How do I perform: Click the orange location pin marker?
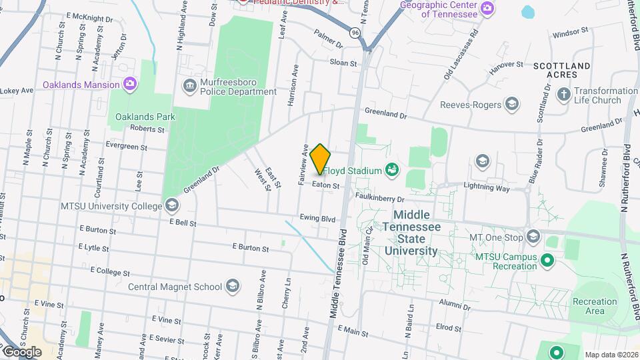pyautogui.click(x=320, y=159)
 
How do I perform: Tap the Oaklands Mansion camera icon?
pyautogui.click(x=130, y=84)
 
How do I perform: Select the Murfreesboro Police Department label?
pyautogui.click(x=229, y=86)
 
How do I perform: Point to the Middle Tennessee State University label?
pyautogui.click(x=417, y=233)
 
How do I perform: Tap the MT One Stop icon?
pyautogui.click(x=533, y=237)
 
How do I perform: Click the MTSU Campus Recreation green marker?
pyautogui.click(x=548, y=259)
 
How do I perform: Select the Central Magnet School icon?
pyautogui.click(x=232, y=287)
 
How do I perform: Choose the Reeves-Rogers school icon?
pyautogui.click(x=511, y=104)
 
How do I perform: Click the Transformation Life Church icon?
pyautogui.click(x=563, y=95)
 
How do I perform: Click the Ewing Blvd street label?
pyautogui.click(x=317, y=218)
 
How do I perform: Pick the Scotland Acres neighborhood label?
pyautogui.click(x=561, y=71)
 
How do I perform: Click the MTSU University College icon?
pyautogui.click(x=172, y=205)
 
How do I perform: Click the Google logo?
pyautogui.click(x=21, y=351)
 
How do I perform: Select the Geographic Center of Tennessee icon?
pyautogui.click(x=488, y=8)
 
